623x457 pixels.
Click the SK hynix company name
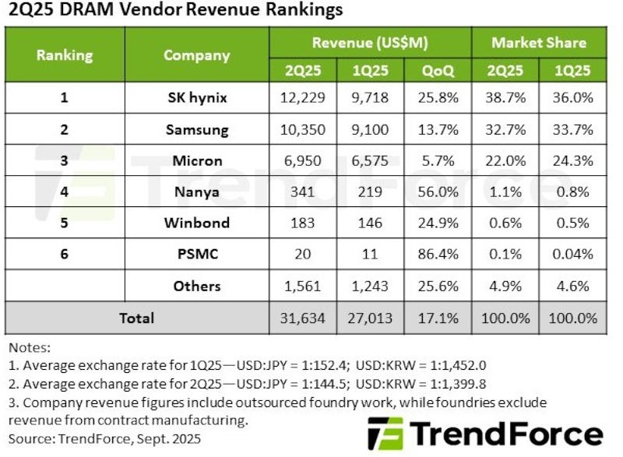tap(196, 97)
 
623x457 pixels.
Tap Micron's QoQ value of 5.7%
tap(438, 160)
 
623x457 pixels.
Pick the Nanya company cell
tap(196, 192)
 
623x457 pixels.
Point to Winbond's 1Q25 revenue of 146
tap(370, 223)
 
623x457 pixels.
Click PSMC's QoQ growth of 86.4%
tap(438, 254)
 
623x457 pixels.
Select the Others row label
tap(196, 286)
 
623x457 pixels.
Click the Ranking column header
tap(64, 55)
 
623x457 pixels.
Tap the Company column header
tap(196, 55)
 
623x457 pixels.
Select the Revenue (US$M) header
tap(370, 42)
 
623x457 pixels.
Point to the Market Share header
tap(538, 42)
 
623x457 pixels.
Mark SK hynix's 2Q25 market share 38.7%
tap(505, 97)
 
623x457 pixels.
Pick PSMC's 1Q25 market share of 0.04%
tap(574, 254)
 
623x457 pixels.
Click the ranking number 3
tap(64, 160)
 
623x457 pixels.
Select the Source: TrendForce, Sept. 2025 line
tap(104, 438)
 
